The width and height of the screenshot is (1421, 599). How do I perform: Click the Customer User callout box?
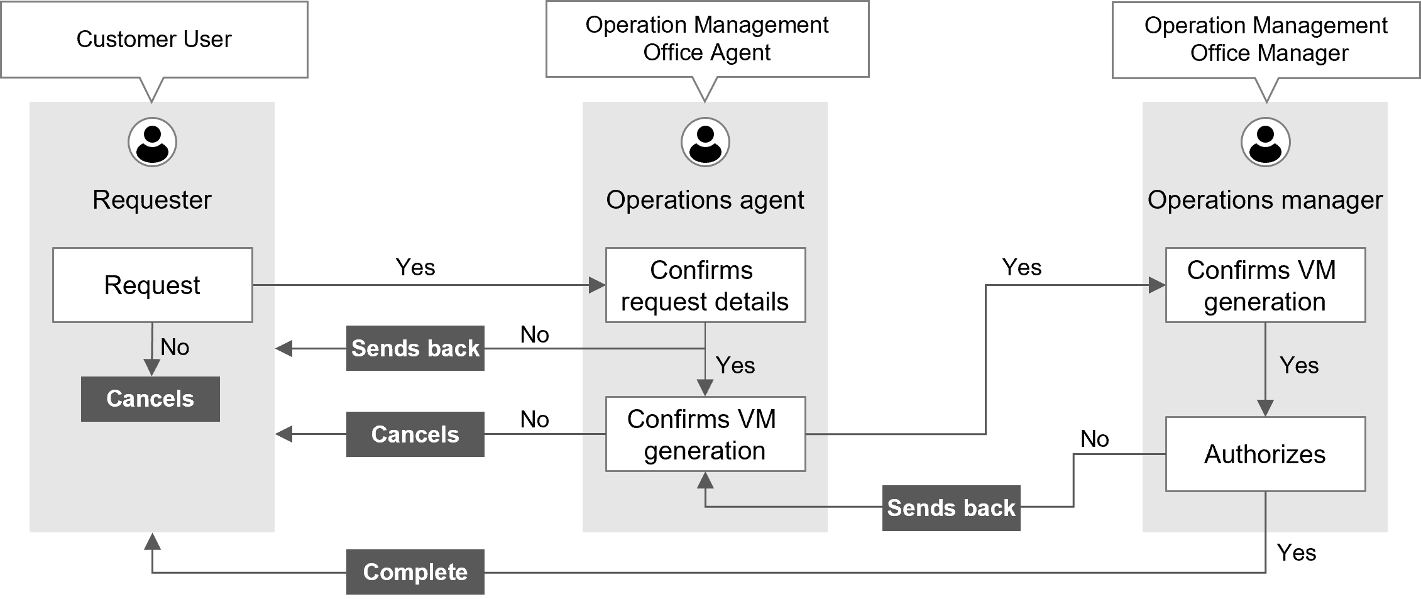tap(154, 40)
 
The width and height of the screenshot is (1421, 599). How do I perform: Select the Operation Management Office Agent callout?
tap(706, 39)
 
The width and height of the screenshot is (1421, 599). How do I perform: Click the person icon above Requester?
tap(152, 142)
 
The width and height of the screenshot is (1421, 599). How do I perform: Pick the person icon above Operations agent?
tap(705, 142)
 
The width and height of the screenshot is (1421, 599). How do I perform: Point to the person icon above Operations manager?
tap(1265, 142)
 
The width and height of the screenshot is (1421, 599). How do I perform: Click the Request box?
tap(152, 285)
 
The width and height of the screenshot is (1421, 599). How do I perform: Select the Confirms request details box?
tap(705, 285)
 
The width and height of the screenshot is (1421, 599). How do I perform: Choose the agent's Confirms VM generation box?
tap(705, 434)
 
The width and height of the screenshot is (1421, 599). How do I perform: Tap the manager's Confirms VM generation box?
tap(1265, 285)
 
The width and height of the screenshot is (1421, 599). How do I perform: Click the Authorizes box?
tap(1265, 454)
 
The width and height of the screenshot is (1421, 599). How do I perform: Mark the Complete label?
tap(415, 572)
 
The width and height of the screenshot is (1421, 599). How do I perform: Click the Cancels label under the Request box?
tap(150, 398)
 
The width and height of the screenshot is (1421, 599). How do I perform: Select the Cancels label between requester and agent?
tap(415, 434)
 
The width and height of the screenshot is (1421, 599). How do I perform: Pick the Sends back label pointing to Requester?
tap(415, 348)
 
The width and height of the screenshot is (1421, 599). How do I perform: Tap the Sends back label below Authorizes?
tap(951, 508)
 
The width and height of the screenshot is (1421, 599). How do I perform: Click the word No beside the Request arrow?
tap(175, 347)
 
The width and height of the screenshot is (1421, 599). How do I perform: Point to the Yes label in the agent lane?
tap(735, 365)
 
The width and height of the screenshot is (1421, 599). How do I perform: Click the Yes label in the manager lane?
tap(1299, 365)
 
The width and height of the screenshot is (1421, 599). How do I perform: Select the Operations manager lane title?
tap(1265, 200)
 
